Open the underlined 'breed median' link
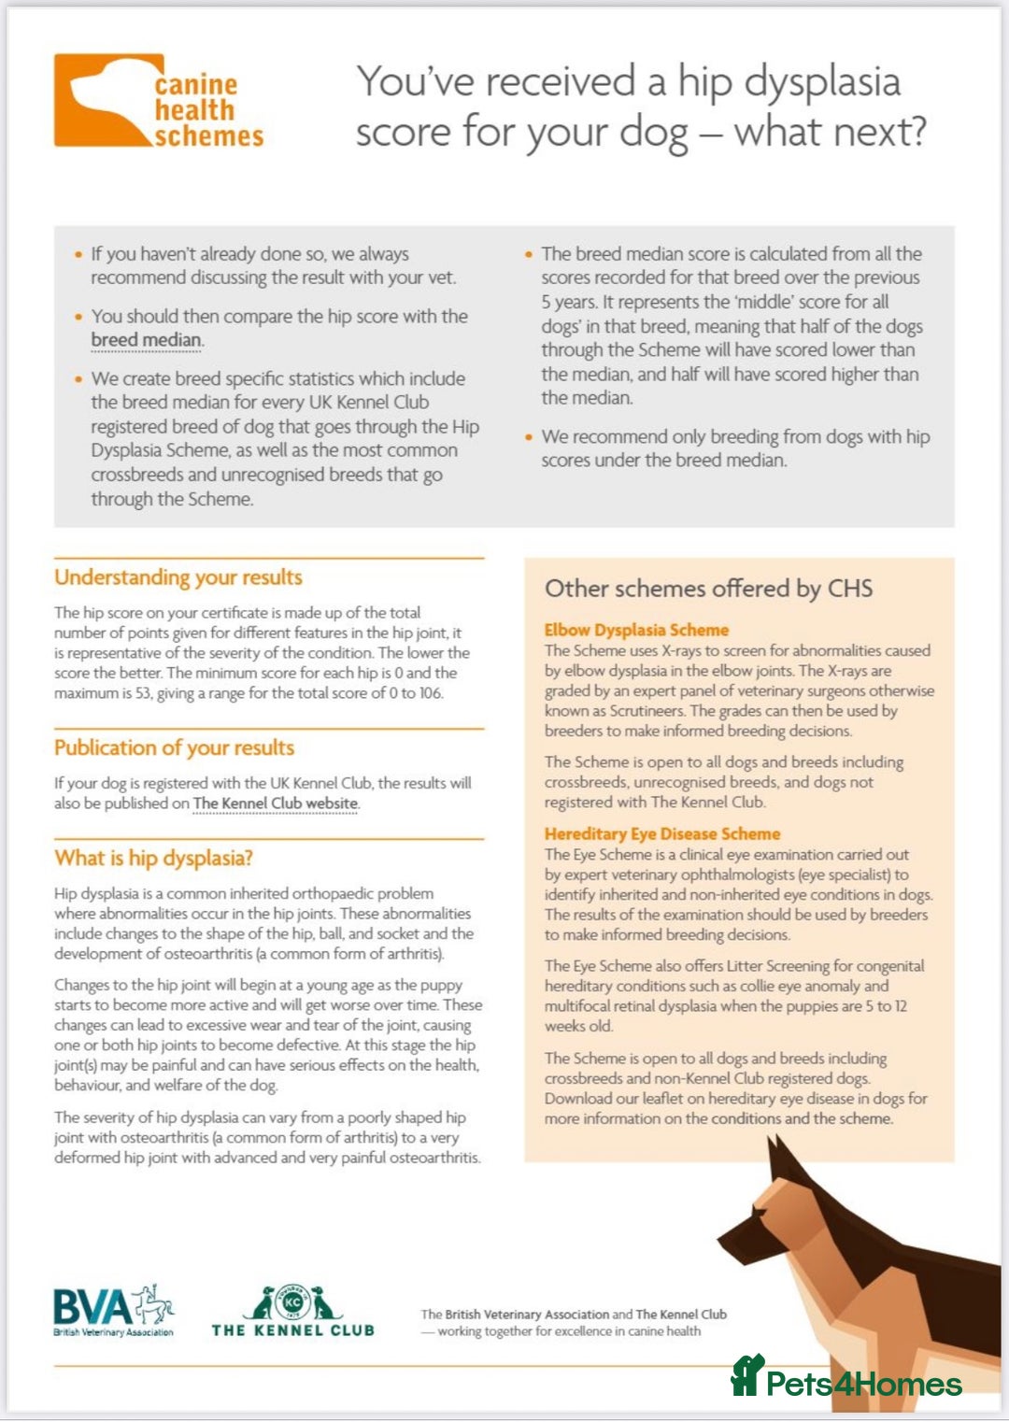click(146, 340)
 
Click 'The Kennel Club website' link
click(276, 803)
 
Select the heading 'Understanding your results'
click(178, 577)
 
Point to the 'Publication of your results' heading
click(174, 747)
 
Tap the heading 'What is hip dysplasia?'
click(153, 858)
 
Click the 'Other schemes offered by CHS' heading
click(708, 589)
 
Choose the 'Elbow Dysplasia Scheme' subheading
click(636, 630)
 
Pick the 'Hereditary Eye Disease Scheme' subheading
click(661, 833)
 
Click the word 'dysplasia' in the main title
click(822, 82)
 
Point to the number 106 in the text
click(429, 693)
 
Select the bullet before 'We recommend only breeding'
click(529, 437)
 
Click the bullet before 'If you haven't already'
click(78, 254)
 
